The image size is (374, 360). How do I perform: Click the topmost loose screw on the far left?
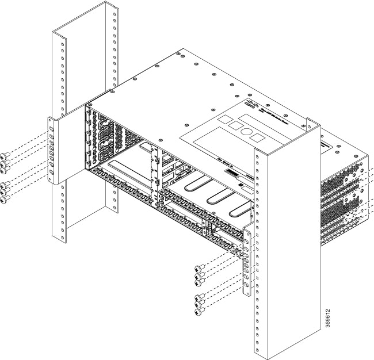click(x=5, y=156)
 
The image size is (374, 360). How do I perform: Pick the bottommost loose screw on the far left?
click(x=6, y=201)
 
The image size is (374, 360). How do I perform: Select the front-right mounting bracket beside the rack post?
click(x=247, y=262)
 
